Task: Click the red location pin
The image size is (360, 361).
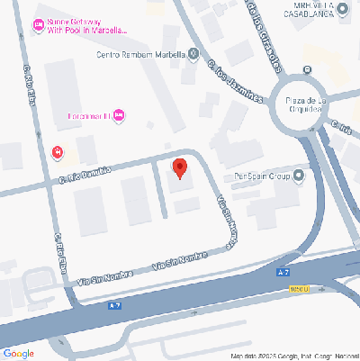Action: [179, 168]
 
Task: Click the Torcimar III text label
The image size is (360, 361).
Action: [89, 116]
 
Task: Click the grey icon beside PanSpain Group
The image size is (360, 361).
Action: [300, 176]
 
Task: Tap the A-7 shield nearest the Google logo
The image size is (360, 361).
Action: [114, 305]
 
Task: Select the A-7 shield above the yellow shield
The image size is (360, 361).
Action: [284, 271]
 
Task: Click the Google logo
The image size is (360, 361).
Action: [18, 353]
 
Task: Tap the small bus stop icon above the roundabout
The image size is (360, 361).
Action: [308, 69]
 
